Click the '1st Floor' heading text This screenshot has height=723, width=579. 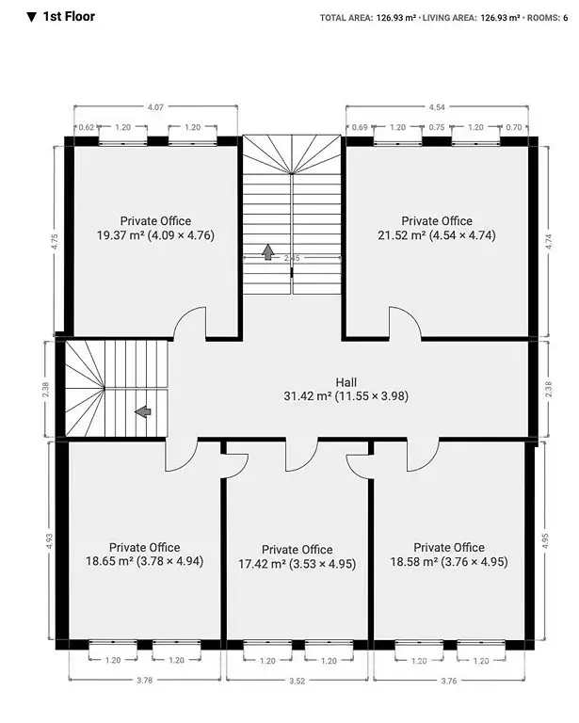click(x=69, y=17)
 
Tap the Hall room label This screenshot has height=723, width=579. click(x=346, y=389)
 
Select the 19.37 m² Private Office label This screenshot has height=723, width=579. click(x=155, y=228)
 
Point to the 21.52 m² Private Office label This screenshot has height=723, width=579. click(x=437, y=228)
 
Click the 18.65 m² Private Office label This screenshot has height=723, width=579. click(x=144, y=554)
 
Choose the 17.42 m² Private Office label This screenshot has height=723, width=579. click(x=297, y=556)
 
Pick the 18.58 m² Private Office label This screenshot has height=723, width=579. click(x=449, y=554)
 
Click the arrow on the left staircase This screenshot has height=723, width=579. click(x=143, y=411)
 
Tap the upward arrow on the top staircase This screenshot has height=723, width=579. click(x=267, y=252)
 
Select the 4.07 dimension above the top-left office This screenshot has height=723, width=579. click(x=155, y=107)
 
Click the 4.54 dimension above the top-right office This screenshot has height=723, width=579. click(x=437, y=107)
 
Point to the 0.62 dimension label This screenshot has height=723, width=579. click(x=87, y=127)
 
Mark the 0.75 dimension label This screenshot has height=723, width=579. click(x=437, y=127)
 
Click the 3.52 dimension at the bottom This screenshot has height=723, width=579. click(x=297, y=681)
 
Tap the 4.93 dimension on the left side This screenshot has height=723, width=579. click(x=49, y=541)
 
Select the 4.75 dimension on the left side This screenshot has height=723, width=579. click(x=55, y=242)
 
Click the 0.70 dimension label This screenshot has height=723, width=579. click(x=513, y=127)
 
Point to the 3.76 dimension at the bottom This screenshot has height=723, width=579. click(x=449, y=681)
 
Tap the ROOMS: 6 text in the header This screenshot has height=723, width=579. click(x=548, y=18)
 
